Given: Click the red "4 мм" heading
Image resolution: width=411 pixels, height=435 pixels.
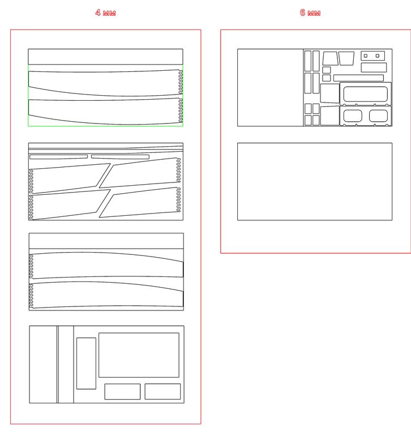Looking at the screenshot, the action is [x=105, y=13].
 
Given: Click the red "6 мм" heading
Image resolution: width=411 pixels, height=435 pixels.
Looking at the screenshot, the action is [x=310, y=13].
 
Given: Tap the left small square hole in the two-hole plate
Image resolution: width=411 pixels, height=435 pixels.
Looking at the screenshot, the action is [x=366, y=56].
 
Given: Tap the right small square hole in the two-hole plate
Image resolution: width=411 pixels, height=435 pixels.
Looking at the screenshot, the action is [x=378, y=56].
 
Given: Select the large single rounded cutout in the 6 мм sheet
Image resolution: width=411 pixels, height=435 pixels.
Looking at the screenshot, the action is [x=365, y=94].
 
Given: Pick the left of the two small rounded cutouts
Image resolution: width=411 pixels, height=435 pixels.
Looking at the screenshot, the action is [x=353, y=116].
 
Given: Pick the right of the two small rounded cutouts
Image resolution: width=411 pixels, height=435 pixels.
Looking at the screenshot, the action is [x=378, y=116].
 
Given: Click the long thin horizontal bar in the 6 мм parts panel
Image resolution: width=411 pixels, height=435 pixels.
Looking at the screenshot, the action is [x=358, y=78].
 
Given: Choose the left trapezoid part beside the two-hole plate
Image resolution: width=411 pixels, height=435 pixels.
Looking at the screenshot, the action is [x=330, y=58].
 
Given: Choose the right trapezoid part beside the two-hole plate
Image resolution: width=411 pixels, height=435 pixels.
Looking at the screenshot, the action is [x=346, y=58].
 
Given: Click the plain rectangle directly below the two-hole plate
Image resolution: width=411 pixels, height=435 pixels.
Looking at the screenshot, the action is [x=374, y=67].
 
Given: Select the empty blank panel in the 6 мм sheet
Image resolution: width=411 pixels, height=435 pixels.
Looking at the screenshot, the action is [x=315, y=181].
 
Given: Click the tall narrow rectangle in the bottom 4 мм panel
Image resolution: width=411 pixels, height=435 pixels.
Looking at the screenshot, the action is [x=86, y=363].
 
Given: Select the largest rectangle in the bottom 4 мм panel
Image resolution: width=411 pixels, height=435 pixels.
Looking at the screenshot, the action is [x=139, y=355].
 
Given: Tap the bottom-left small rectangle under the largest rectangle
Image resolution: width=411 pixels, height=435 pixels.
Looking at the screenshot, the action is [x=122, y=391].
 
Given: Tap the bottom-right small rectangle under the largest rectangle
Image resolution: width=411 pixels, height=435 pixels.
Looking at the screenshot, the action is [x=162, y=391].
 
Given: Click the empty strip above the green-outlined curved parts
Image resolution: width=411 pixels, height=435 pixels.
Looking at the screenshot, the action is [x=105, y=57].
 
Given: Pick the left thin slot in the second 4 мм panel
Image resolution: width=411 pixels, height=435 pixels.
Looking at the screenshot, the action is [x=58, y=157].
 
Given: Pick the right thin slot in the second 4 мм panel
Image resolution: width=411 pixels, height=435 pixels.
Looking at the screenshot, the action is [x=120, y=157].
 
